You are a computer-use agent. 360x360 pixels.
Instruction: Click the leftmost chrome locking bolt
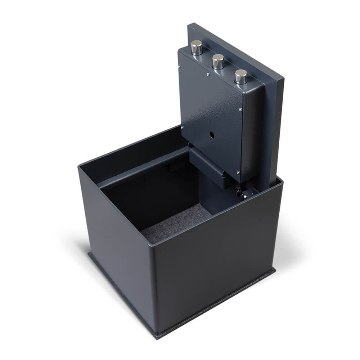(196, 47)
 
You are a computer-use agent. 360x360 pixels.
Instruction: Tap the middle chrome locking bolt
(218, 61)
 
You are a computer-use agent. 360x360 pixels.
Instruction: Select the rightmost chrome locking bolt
(241, 76)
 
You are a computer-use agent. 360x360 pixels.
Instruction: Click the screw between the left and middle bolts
(207, 75)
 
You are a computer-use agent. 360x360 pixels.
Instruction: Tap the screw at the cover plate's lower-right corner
(238, 173)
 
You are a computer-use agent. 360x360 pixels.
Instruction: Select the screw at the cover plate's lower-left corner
(182, 127)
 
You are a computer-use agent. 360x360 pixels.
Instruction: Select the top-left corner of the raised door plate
(189, 25)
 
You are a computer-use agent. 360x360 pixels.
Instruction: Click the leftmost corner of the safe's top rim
(78, 166)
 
